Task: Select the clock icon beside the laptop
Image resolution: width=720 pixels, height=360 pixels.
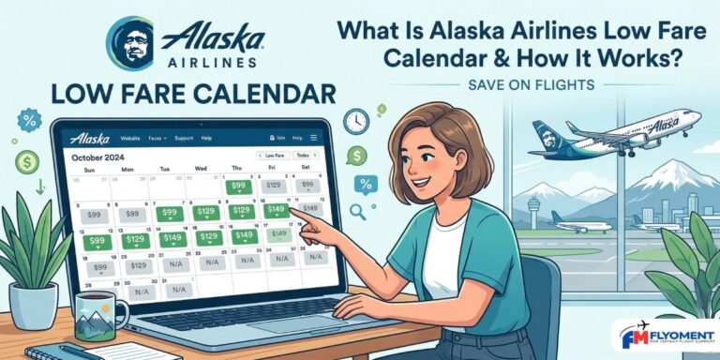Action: [355, 121]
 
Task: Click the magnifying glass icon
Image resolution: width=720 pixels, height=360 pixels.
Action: [358, 210]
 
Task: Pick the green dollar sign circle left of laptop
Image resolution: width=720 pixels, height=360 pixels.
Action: [28, 161]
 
